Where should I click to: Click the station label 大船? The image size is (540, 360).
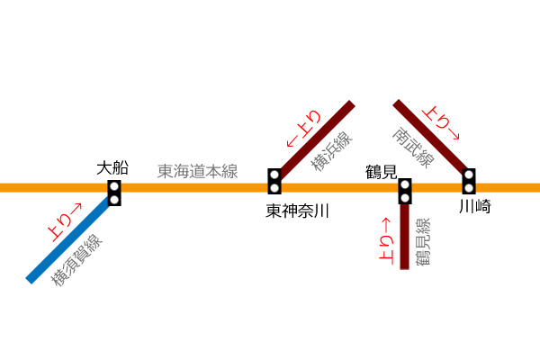tap(112, 168)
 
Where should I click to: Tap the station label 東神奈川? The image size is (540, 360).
tap(297, 211)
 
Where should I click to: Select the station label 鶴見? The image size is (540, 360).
tap(382, 172)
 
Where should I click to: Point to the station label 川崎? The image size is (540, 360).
tap(475, 207)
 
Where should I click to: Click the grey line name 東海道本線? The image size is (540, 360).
tap(198, 171)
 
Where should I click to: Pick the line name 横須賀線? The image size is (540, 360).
tap(76, 260)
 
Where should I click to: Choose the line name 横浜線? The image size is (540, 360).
tap(331, 151)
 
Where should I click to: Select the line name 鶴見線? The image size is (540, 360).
tap(423, 241)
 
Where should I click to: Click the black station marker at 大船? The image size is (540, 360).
tap(114, 193)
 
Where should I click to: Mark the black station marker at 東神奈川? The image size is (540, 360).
tap(274, 181)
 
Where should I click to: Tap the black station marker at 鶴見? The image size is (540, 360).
tap(405, 191)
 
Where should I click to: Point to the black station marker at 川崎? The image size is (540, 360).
tap(469, 181)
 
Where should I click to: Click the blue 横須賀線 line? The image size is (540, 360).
tap(69, 239)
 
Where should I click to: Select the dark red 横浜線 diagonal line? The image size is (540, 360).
tap(317, 139)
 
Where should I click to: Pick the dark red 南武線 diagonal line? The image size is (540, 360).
tap(430, 137)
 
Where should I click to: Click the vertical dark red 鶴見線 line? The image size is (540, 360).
tap(405, 237)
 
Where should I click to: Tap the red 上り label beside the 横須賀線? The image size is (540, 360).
tap(65, 222)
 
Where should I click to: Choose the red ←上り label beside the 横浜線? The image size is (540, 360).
tap(304, 129)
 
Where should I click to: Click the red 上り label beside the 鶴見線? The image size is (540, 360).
tap(386, 241)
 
